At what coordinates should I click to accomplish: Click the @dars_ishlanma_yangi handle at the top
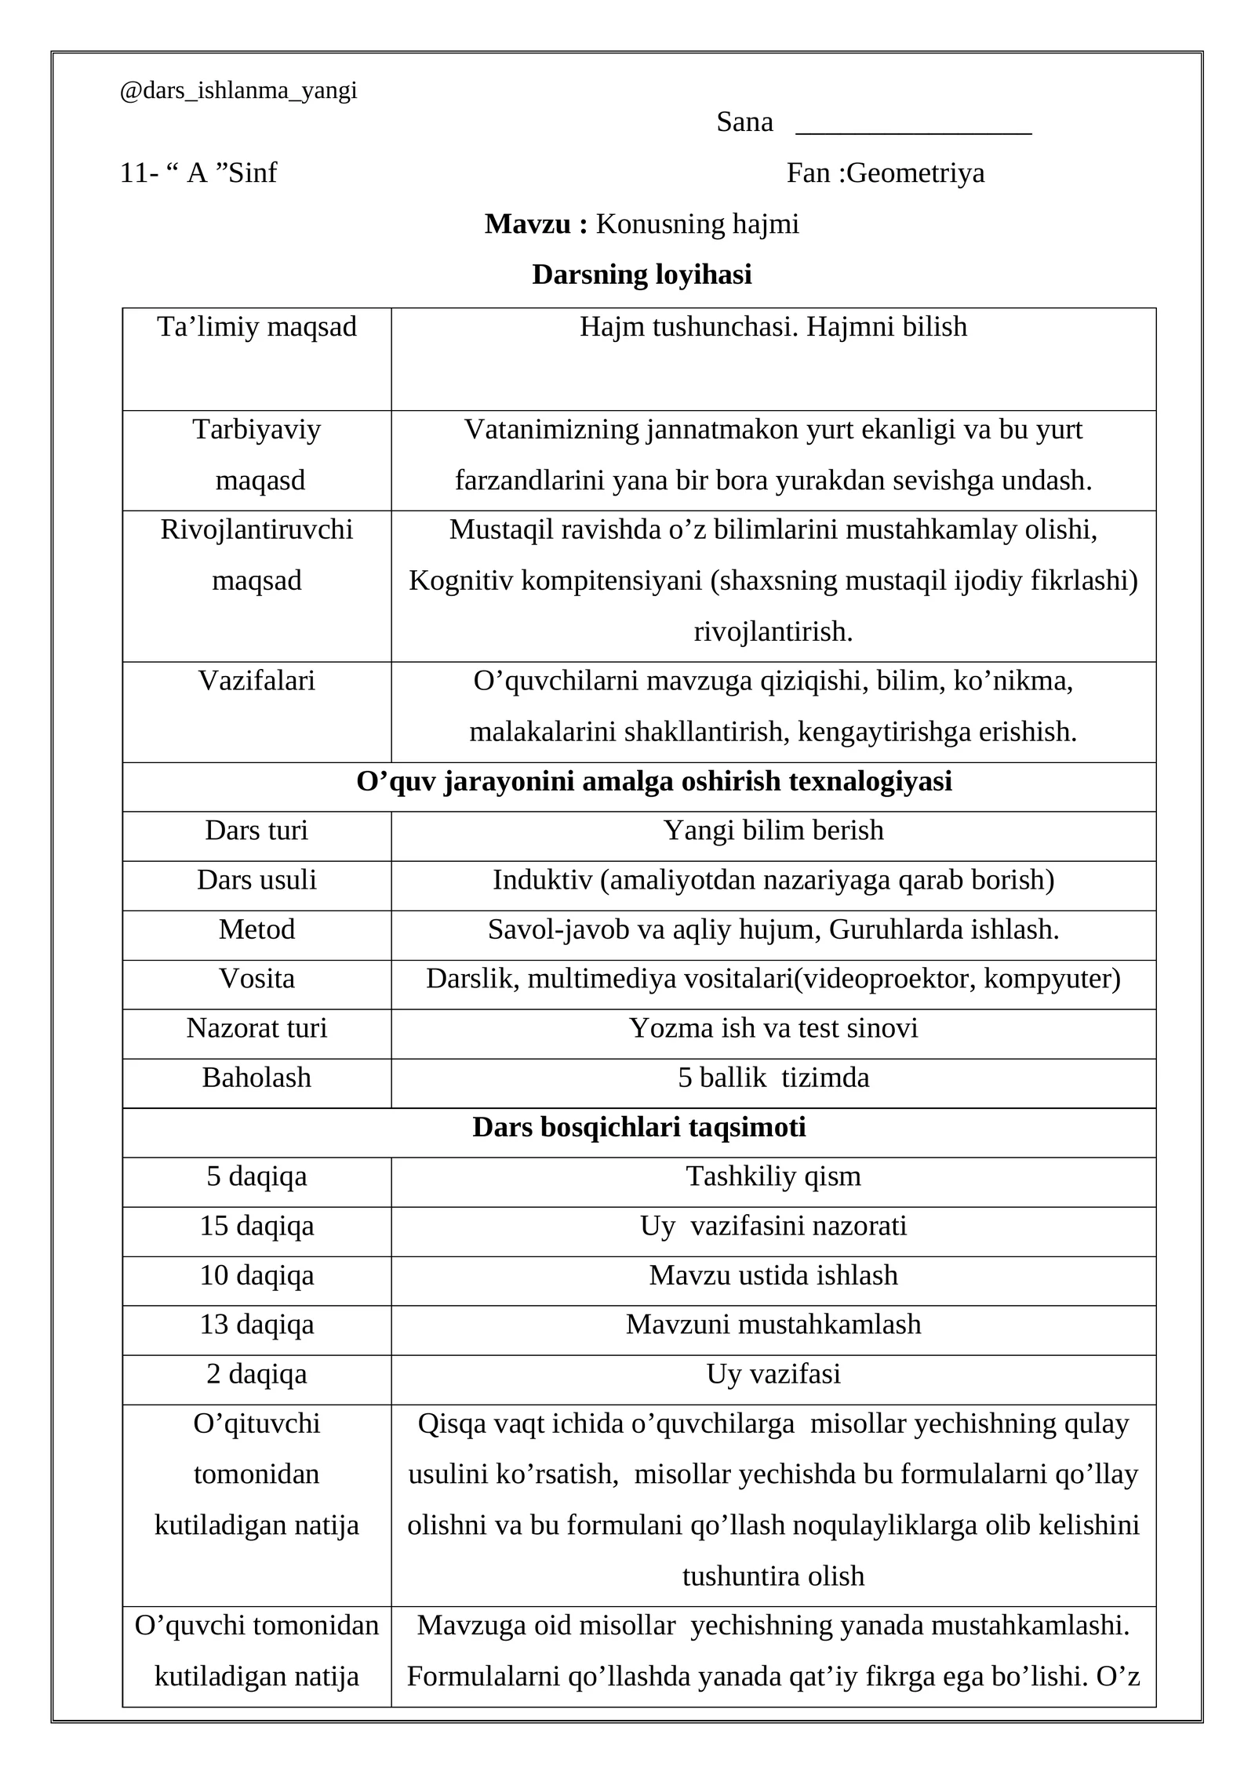238,91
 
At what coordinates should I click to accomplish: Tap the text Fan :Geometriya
885,173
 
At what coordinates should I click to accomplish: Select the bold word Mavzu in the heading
529,224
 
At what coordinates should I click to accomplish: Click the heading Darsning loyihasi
642,274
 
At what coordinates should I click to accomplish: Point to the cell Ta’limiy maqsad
256,327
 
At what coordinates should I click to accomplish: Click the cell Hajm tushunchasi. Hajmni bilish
773,327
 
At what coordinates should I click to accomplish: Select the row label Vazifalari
256,681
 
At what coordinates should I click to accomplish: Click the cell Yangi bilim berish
773,831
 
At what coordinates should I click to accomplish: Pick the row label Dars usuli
256,880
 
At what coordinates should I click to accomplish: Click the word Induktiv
542,880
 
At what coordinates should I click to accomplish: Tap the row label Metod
256,929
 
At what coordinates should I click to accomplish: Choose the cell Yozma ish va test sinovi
773,1028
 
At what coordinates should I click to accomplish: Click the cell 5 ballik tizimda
773,1078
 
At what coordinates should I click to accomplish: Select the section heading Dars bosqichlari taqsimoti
638,1128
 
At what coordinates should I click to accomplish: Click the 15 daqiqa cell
256,1226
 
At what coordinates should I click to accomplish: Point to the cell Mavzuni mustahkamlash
773,1325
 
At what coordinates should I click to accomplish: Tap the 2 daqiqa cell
256,1374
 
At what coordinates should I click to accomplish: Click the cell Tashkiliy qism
773,1176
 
